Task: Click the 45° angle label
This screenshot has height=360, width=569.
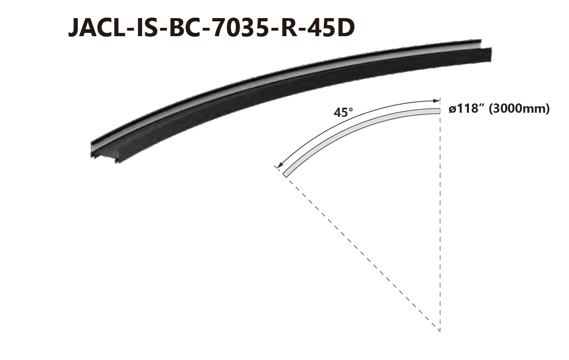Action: [343, 113]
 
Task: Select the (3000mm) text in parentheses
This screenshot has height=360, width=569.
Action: [519, 109]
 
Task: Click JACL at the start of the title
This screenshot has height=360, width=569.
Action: [97, 28]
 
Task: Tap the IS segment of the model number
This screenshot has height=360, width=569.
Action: [149, 28]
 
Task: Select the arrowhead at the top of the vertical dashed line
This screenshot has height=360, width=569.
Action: [437, 101]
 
